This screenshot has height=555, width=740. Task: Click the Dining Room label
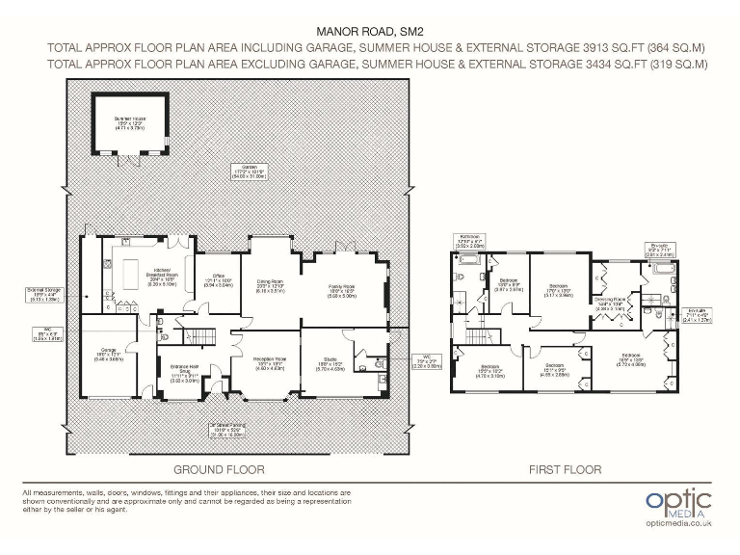point(269,284)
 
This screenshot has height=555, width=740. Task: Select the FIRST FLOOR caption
point(565,470)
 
